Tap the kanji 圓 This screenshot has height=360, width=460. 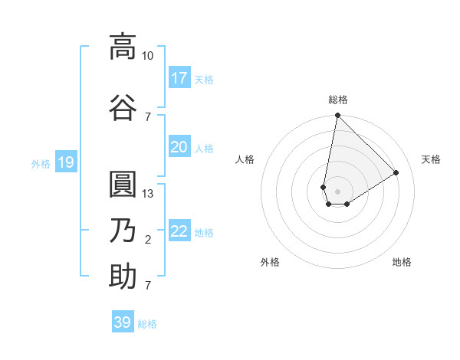123,184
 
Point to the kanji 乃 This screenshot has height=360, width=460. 123,230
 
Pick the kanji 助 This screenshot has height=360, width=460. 123,276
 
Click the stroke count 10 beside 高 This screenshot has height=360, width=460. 147,56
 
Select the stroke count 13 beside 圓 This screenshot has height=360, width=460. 148,194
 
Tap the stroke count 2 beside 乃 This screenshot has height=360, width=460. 148,240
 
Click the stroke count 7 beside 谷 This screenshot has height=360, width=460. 148,116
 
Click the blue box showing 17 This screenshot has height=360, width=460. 179,77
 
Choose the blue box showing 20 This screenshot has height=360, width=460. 179,147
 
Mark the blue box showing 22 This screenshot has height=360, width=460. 179,231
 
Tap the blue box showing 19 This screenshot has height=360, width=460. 66,162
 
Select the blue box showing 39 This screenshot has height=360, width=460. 123,322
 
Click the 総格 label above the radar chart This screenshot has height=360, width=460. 337,100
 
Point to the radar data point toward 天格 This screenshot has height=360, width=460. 396,172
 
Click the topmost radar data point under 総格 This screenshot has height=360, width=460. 337,116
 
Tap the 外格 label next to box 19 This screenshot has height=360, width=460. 40,163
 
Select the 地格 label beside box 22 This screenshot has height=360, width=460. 204,232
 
